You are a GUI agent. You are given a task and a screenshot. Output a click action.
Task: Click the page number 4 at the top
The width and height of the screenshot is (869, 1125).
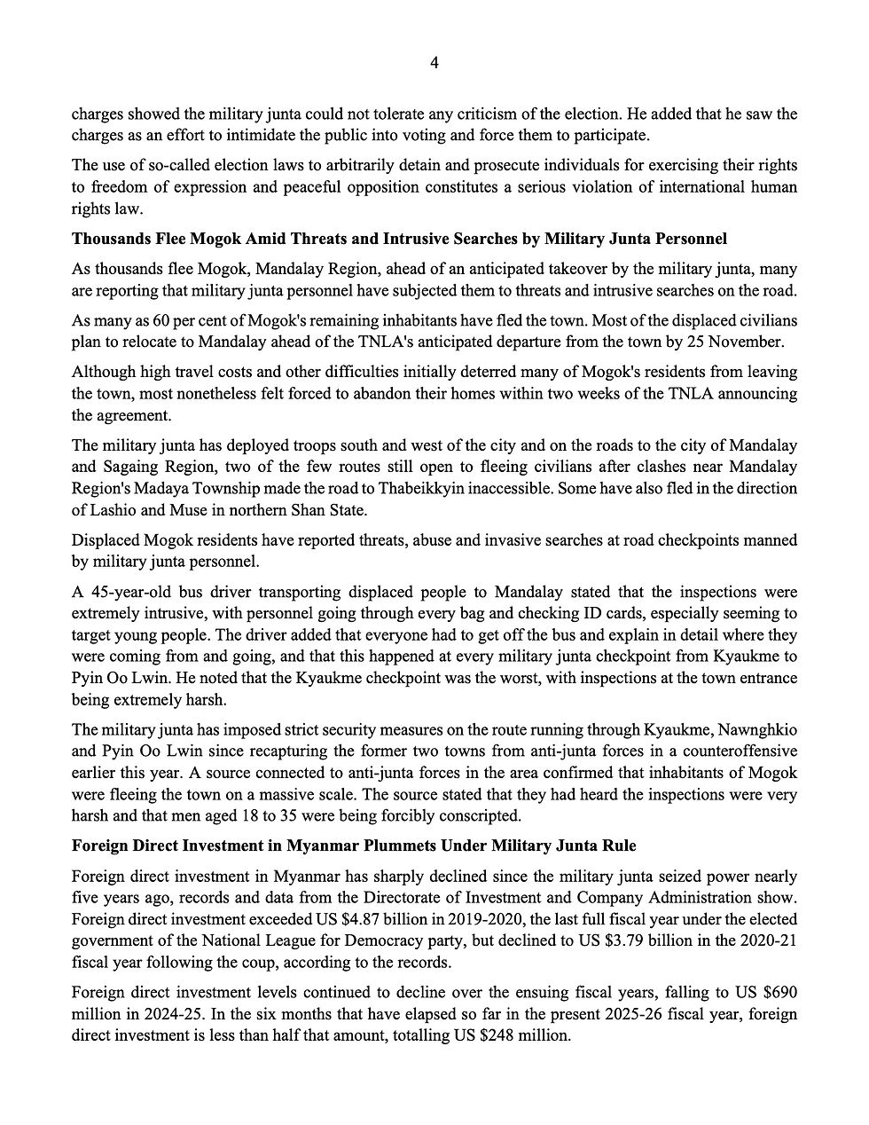tap(434, 62)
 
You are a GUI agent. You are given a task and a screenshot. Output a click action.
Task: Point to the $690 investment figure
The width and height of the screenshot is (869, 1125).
tap(773, 992)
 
